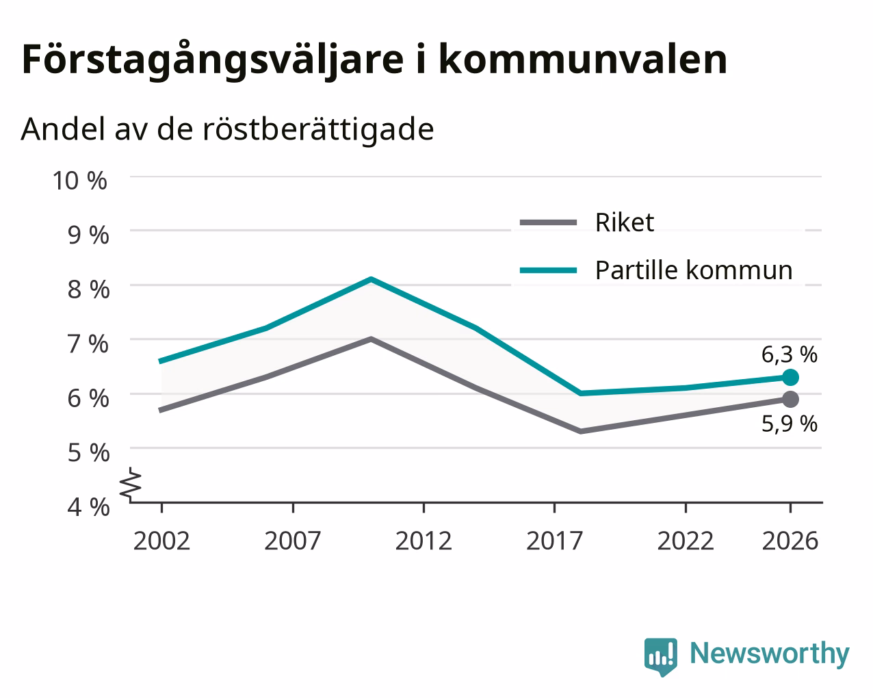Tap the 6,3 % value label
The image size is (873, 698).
pos(789,354)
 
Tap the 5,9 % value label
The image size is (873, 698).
pos(789,424)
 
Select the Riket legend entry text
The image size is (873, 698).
pos(625,222)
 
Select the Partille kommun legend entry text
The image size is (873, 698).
pos(694,270)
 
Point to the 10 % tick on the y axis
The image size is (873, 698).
pos(80,181)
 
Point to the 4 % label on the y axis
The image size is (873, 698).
pos(88,507)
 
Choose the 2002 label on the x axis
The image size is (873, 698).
pos(161,541)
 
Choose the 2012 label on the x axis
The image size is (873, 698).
pos(424,541)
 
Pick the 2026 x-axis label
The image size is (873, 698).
pos(790,541)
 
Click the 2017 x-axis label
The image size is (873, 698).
pos(555,541)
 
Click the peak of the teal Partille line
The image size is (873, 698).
pos(372,279)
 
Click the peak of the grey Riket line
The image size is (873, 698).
pos(371,339)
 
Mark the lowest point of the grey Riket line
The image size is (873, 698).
pos(581,431)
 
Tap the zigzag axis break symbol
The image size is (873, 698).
pos(131,483)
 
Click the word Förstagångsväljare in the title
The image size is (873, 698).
pos(213,60)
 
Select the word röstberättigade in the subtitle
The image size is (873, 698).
pos(318,129)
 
